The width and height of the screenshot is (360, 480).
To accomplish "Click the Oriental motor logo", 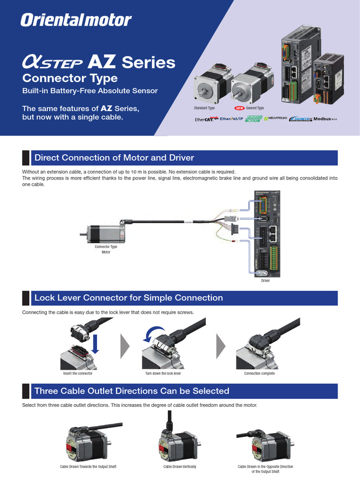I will click(x=76, y=20).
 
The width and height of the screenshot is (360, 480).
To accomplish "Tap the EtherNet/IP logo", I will click(x=231, y=119).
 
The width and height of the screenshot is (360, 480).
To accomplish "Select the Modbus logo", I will click(x=325, y=119).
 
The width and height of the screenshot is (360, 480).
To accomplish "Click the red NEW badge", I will click(x=240, y=108).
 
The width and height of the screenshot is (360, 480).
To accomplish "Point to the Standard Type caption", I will click(x=204, y=108).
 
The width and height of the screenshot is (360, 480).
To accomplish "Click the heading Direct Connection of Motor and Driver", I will click(x=114, y=157).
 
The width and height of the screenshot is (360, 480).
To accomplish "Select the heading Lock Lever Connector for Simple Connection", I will click(x=128, y=298).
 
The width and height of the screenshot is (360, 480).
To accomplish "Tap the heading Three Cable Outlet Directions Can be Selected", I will click(x=132, y=391).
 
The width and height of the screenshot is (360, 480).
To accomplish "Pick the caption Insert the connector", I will click(x=78, y=374).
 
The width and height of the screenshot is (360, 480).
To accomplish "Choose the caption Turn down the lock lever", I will click(x=163, y=374).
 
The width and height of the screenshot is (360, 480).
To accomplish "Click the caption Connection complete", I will click(x=259, y=374).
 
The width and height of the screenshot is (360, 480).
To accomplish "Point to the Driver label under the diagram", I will click(x=266, y=281).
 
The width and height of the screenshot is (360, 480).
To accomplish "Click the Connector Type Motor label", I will click(x=106, y=249).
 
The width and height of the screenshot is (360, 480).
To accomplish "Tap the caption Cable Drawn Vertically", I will click(x=180, y=467).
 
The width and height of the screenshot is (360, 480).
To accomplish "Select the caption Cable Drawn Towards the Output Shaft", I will click(x=88, y=467).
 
